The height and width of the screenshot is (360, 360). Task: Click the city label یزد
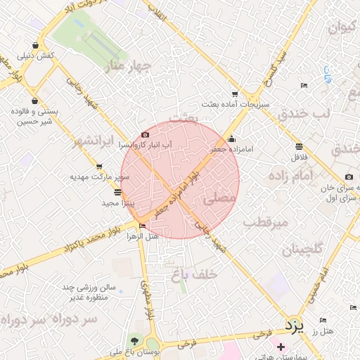tap(293, 326)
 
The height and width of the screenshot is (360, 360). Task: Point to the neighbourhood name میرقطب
tap(265, 222)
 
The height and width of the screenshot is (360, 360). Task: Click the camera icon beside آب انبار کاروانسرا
tap(145, 134)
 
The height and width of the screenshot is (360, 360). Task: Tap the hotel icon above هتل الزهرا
tap(143, 226)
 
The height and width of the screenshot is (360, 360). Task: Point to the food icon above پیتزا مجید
tap(117, 191)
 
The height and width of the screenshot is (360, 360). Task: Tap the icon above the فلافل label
tap(300, 146)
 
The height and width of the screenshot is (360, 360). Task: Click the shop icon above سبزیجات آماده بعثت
tap(234, 94)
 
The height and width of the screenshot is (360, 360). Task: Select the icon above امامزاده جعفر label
tap(231, 139)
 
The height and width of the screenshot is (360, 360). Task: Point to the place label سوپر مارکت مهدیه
tap(99, 176)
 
